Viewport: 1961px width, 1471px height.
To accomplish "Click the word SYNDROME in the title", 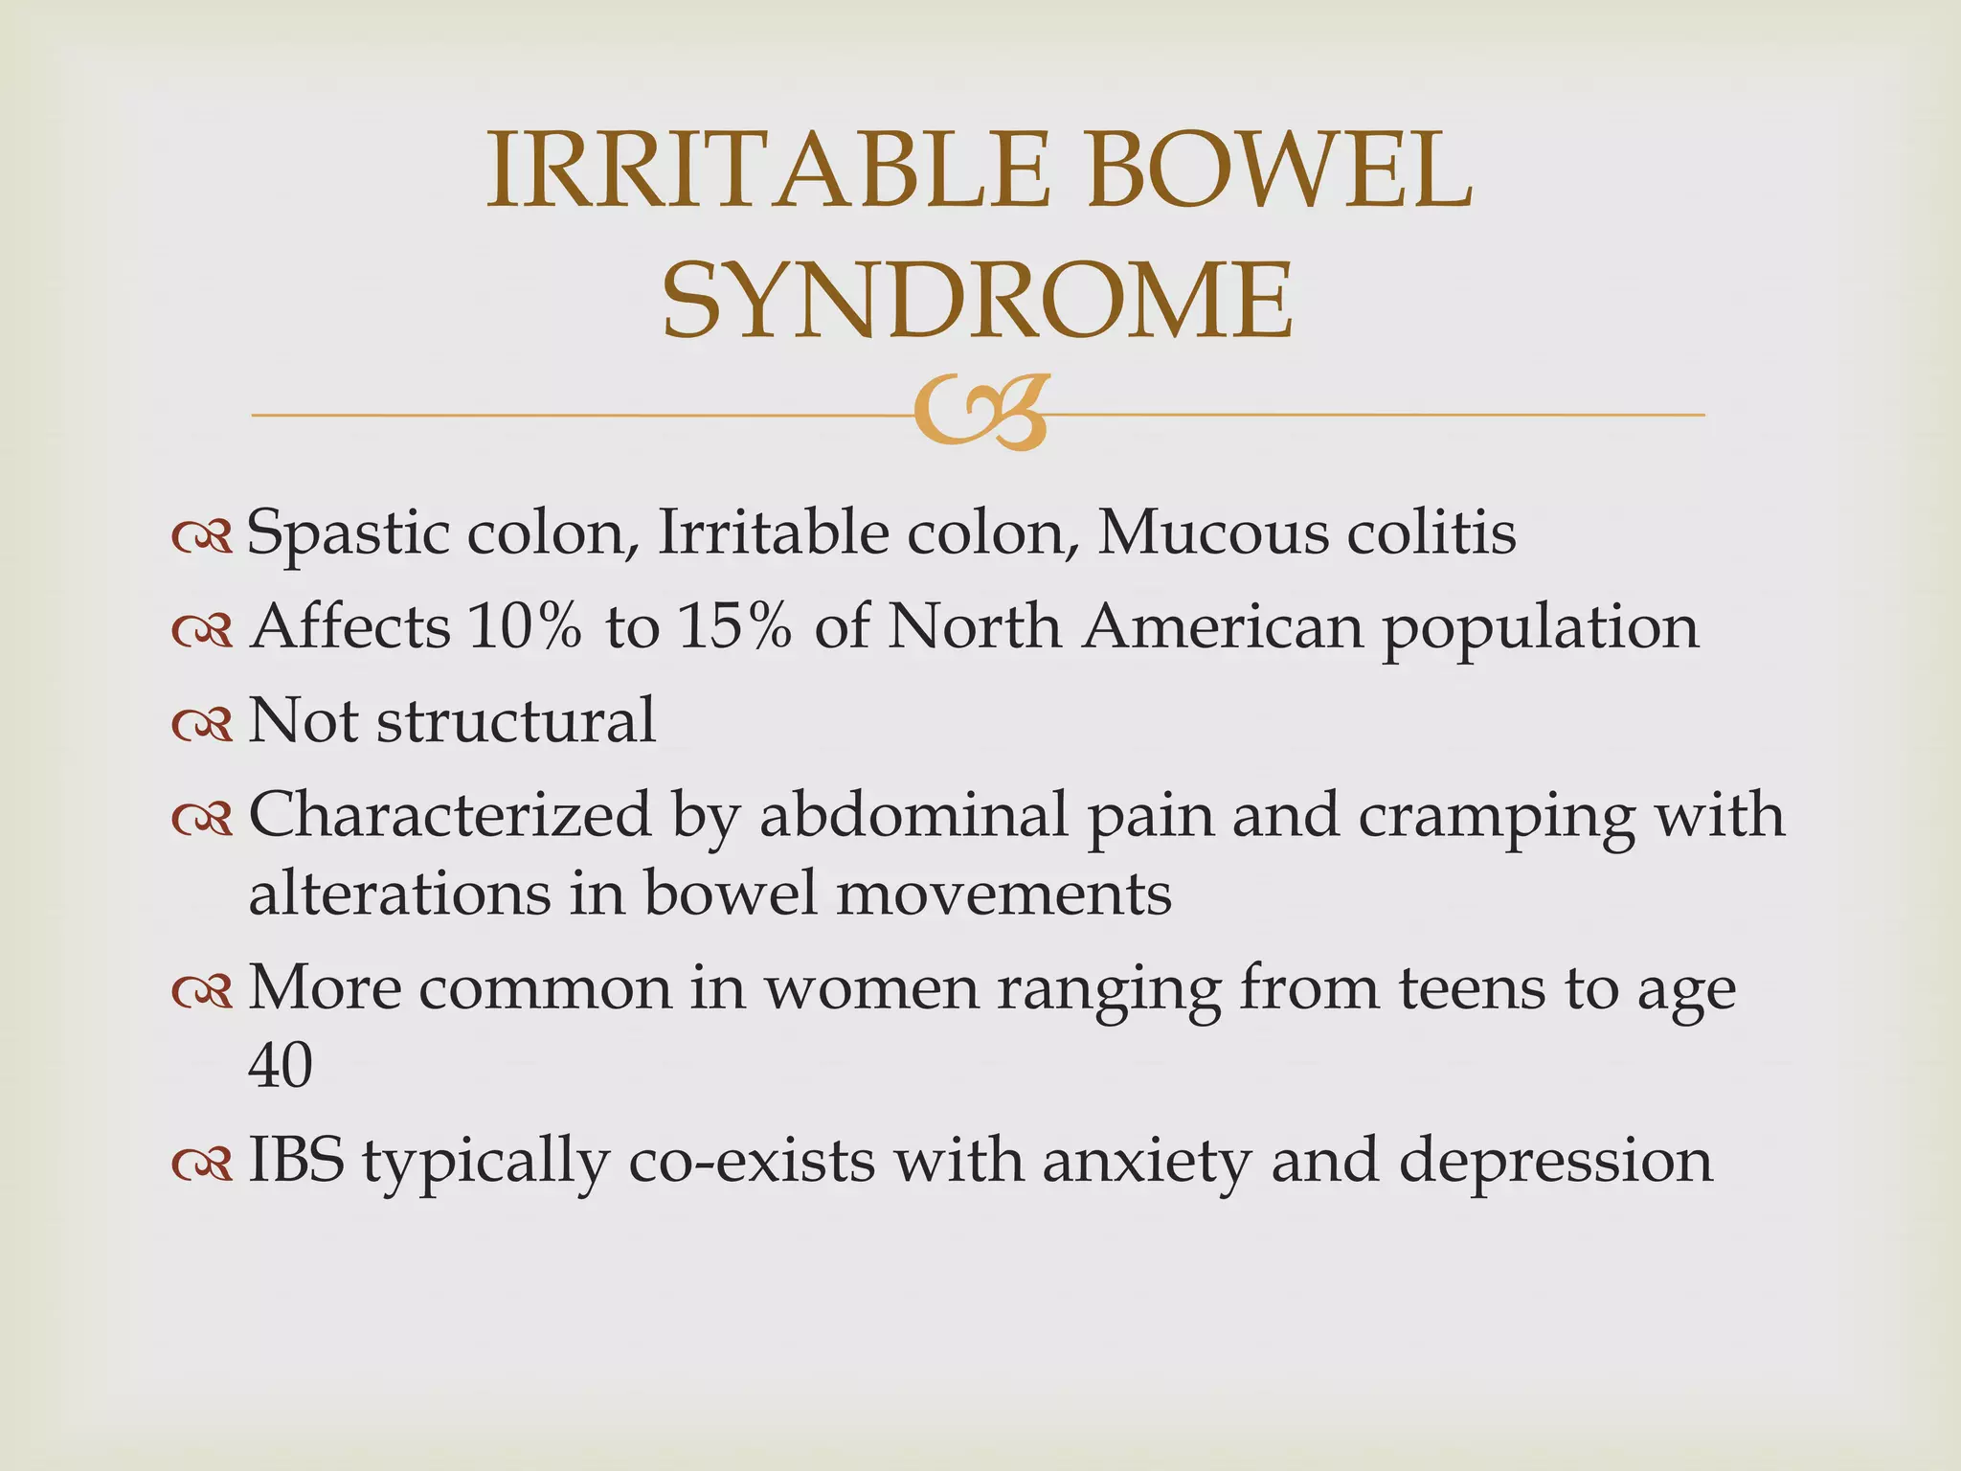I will [x=978, y=301].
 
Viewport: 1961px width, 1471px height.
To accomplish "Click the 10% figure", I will [x=525, y=627].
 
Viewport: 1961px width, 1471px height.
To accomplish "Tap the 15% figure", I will [x=734, y=627].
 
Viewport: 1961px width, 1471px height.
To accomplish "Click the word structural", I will [x=516, y=720].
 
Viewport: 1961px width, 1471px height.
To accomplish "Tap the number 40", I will [x=281, y=1065].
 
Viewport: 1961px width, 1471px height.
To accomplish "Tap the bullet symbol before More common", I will [x=202, y=992].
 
